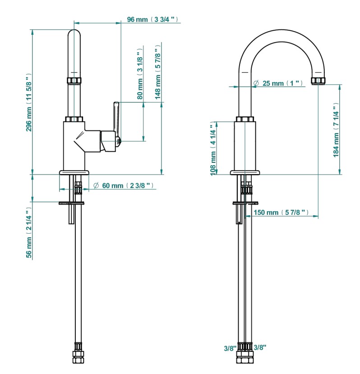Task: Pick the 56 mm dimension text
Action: (29, 234)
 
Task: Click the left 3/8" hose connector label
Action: (230, 348)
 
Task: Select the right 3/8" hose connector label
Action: (260, 347)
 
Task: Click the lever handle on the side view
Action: (115, 117)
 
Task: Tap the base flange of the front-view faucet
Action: (245, 172)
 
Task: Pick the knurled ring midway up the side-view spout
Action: (74, 81)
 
